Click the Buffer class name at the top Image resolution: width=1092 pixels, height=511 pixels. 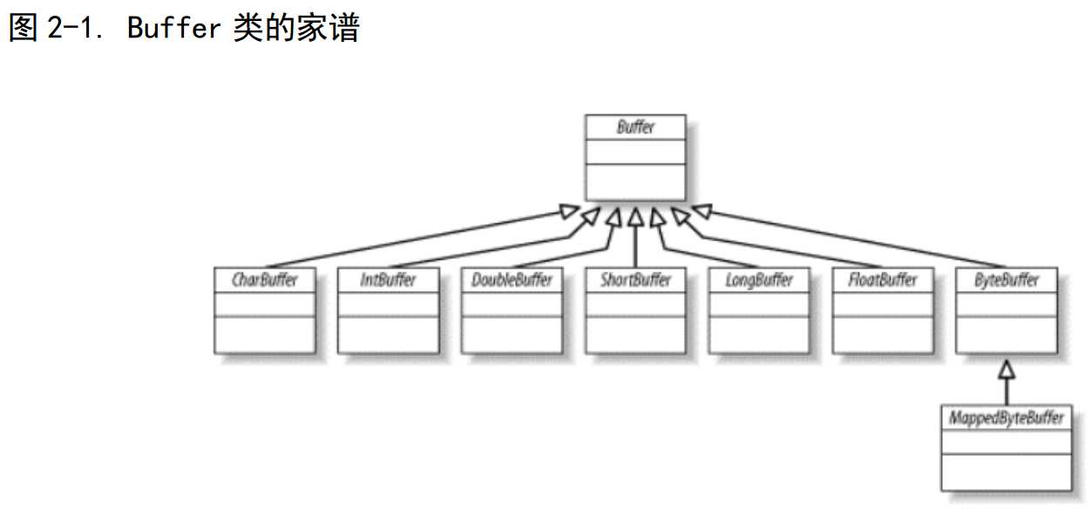[x=635, y=127]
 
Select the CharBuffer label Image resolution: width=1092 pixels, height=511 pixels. [x=264, y=280]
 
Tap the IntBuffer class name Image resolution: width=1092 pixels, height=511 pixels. [x=388, y=280]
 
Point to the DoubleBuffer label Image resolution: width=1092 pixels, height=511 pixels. [x=512, y=280]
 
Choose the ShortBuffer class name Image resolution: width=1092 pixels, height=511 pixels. [x=635, y=280]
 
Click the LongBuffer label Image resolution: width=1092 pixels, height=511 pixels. [x=759, y=281]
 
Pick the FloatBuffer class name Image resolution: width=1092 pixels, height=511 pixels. [x=883, y=280]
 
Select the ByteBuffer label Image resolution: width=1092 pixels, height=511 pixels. [x=1007, y=281]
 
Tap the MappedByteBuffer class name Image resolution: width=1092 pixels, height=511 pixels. [x=1007, y=418]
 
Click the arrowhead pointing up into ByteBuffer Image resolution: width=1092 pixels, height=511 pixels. [x=1007, y=370]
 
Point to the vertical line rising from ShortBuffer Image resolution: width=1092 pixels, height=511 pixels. [x=635, y=246]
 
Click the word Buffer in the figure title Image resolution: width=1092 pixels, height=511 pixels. [x=174, y=27]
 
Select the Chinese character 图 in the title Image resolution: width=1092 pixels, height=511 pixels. [x=24, y=27]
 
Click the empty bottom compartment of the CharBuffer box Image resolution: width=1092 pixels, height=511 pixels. [x=265, y=335]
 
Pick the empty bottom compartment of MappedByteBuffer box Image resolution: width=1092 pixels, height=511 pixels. [x=1007, y=473]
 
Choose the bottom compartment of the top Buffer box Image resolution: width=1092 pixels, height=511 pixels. [x=635, y=182]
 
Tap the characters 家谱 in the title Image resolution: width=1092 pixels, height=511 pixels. [x=328, y=27]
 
